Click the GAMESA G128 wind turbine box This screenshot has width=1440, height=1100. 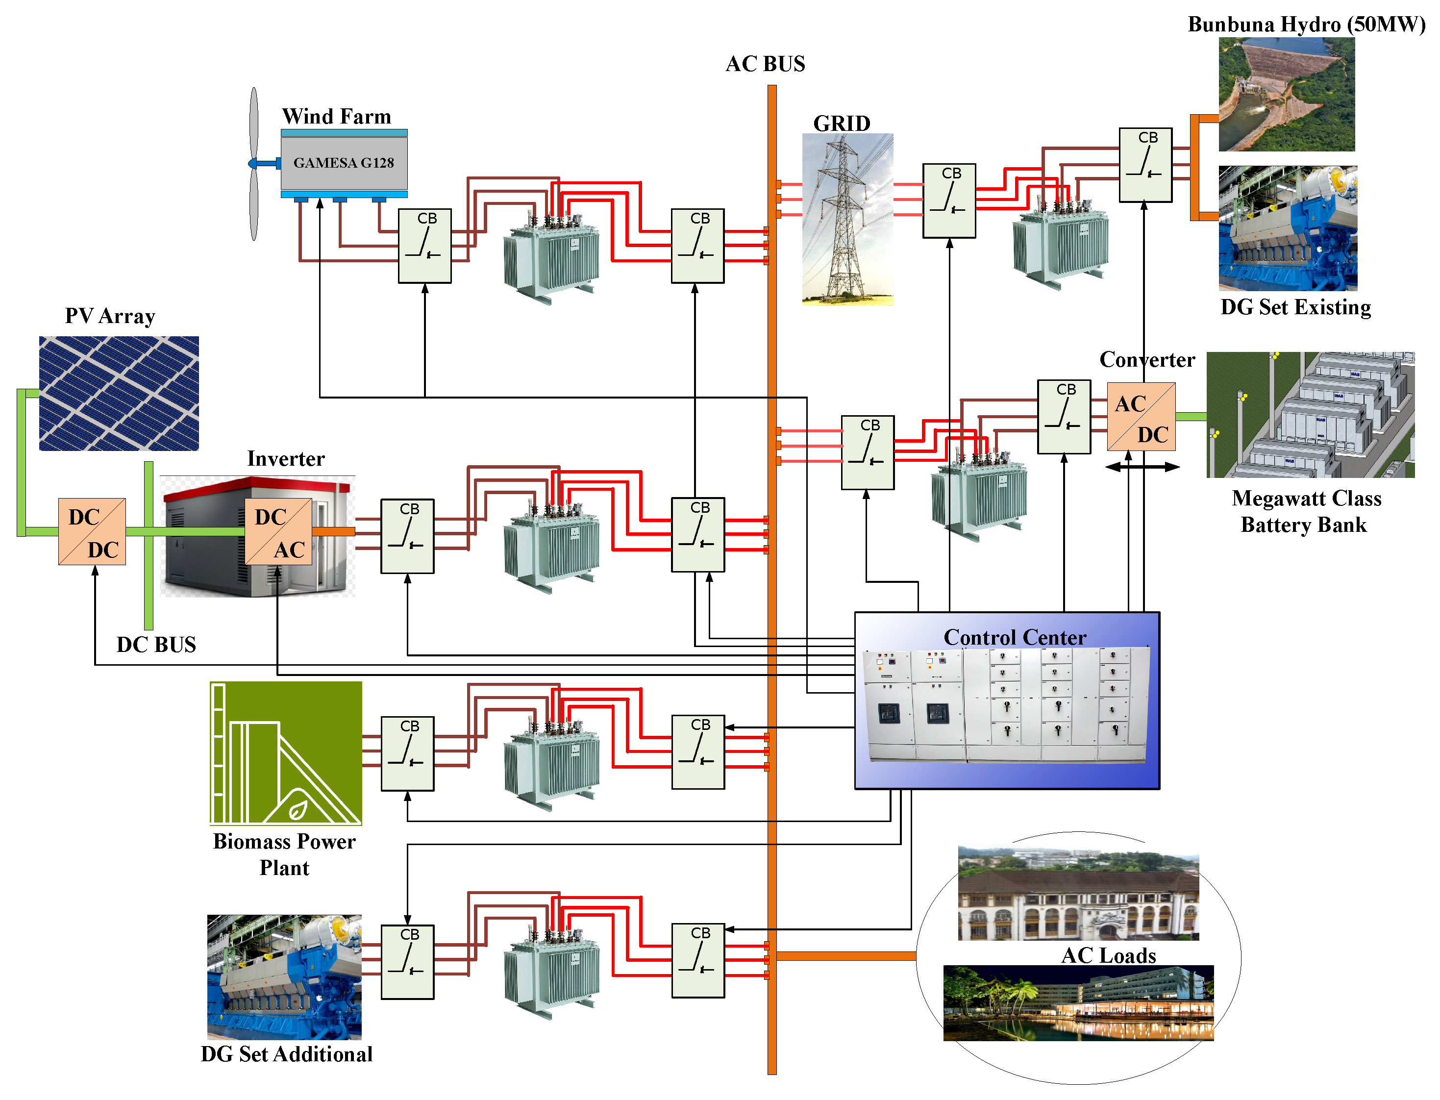coord(344,162)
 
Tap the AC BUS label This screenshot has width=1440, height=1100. coord(765,64)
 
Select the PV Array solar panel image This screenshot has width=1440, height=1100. coord(119,393)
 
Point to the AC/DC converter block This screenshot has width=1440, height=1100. coord(1141,417)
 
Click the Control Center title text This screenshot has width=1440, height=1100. coord(1015,637)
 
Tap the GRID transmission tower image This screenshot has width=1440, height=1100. coord(847,219)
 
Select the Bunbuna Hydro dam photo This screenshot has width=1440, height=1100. coord(1286,94)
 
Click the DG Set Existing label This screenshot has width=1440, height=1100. coord(1295,307)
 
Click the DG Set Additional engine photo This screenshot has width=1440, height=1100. coord(284,977)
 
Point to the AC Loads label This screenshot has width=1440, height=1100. coord(1108,955)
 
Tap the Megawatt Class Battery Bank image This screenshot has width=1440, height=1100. coord(1311,415)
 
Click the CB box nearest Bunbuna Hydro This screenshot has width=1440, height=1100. coord(1145,165)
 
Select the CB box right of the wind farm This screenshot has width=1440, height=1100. coord(425,246)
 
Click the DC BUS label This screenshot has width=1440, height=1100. coord(156,644)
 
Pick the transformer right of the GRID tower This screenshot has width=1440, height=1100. coord(1060,246)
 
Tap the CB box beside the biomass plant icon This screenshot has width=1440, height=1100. coord(407,753)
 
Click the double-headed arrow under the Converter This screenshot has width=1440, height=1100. coord(1142,467)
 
